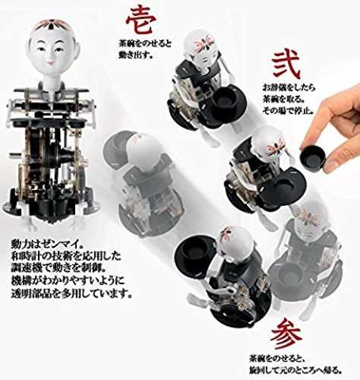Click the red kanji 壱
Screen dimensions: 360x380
pyautogui.click(x=141, y=21)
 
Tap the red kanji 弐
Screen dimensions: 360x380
pyautogui.click(x=286, y=65)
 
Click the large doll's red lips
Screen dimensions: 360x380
pyautogui.click(x=51, y=62)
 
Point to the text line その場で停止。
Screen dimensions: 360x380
pyautogui.click(x=288, y=110)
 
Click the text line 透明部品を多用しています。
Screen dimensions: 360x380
pyautogui.click(x=71, y=293)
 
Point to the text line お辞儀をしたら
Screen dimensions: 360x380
pyautogui.click(x=289, y=87)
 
